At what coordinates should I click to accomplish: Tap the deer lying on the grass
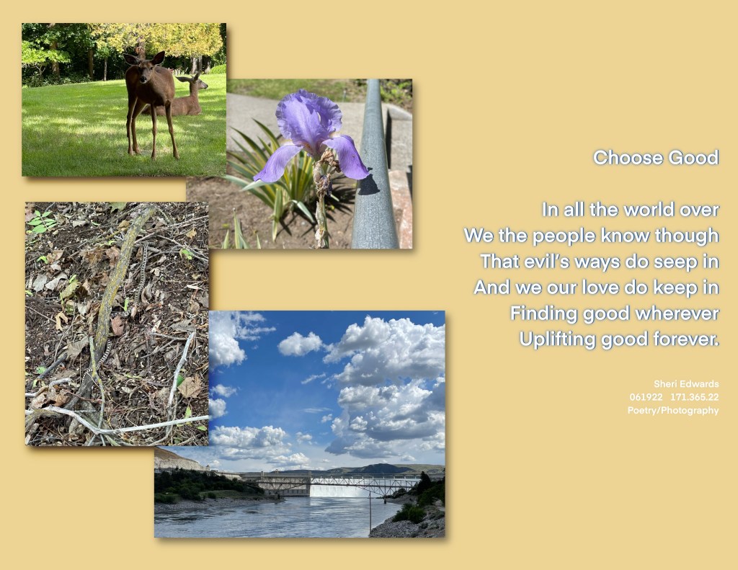tap(187, 101)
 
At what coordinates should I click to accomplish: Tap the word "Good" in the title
tap(693, 158)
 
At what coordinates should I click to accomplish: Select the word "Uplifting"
tap(559, 339)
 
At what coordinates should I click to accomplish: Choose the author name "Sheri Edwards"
tap(685, 384)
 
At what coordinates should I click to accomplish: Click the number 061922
tap(646, 397)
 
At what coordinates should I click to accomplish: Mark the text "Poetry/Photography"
tap(672, 410)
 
